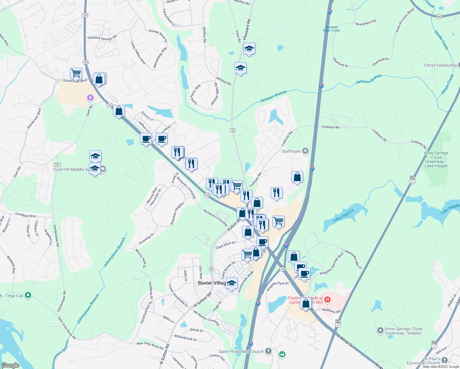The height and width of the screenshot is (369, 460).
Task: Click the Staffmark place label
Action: pos(291,151)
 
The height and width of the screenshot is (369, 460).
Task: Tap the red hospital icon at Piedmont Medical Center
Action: pos(327,299)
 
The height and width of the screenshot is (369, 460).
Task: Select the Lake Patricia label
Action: pos(343,215)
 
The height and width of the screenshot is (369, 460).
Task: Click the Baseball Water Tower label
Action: pos(331,29)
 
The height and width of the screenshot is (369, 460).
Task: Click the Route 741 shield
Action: pos(57,165)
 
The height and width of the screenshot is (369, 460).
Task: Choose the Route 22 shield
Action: pos(232,130)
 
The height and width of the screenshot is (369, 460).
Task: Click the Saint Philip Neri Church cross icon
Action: pos(268,351)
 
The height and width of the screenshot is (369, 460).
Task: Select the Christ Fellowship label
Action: pos(440,65)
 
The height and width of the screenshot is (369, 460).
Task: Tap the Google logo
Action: pos(10,365)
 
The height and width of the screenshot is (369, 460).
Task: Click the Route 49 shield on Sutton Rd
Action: pos(211,269)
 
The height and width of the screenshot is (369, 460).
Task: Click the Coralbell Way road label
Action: pos(26,215)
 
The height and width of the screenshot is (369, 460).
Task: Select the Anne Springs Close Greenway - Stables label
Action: pos(403,331)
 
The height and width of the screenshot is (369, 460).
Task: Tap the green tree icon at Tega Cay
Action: pos(28,295)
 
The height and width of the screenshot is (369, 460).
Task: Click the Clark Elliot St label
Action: pos(225,245)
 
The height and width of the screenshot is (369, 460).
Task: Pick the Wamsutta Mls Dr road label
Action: pos(353,260)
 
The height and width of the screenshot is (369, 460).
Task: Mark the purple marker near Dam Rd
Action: pos(90,98)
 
